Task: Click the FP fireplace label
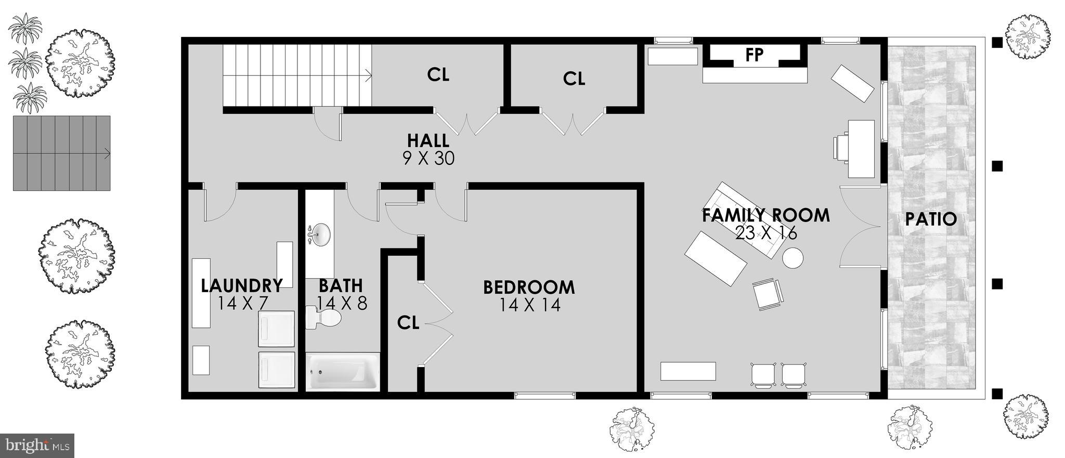pos(754,56)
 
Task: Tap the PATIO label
pos(931,219)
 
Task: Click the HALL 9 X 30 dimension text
pos(428,158)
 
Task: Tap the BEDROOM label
pos(529,287)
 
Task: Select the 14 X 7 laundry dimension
pos(242,303)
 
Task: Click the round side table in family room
pos(793,258)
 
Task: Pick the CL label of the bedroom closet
pos(408,323)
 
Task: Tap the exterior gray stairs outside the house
pos(61,153)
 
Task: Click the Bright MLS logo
pos(37,446)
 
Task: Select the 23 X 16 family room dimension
pos(766,233)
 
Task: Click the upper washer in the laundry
pos(277,329)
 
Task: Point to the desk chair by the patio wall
pos(840,147)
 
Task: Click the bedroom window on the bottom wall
pos(544,396)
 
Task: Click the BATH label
pos(341,286)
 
